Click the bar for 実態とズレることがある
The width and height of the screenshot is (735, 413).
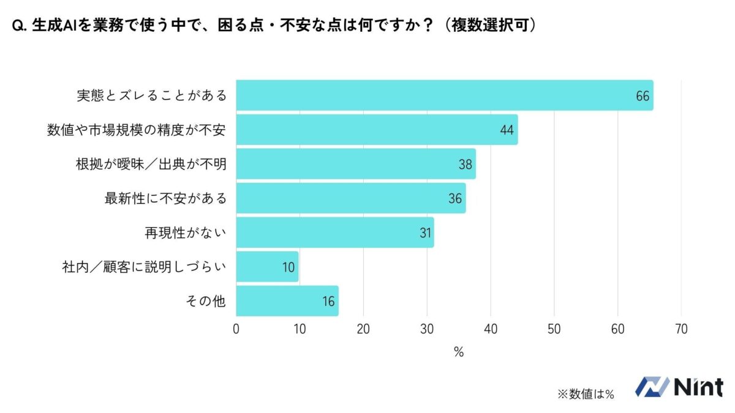[444, 95]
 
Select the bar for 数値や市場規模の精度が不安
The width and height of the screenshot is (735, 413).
[377, 130]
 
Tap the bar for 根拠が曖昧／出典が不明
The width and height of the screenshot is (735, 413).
[356, 164]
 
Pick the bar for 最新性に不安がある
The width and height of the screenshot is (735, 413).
[351, 198]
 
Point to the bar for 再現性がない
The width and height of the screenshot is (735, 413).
[335, 233]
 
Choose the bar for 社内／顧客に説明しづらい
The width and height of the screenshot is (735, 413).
[267, 267]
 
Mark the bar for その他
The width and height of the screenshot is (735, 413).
[287, 301]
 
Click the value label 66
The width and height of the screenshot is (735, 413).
[643, 96]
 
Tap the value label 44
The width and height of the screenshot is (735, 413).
[507, 130]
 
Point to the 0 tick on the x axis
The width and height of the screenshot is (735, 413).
[236, 329]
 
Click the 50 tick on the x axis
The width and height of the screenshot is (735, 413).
[554, 329]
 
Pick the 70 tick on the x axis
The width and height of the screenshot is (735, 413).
[681, 329]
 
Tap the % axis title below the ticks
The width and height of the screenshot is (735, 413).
[459, 352]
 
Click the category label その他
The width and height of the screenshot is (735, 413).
[206, 301]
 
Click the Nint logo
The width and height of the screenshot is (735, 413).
[679, 387]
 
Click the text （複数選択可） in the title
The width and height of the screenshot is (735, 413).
[489, 25]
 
